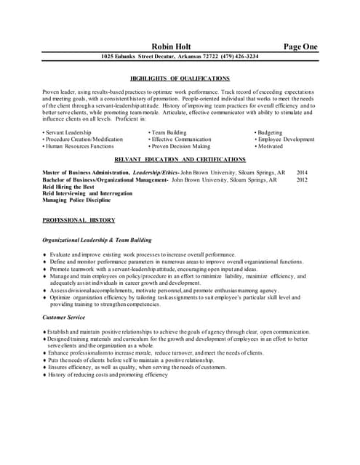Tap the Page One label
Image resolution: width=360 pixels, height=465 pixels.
coord(300,46)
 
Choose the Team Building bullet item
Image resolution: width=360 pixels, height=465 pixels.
coord(169,132)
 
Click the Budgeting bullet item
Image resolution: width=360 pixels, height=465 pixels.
coord(270,132)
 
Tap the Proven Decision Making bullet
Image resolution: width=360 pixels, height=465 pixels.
coord(178,146)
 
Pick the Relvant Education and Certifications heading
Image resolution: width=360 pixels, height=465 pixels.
coord(180,158)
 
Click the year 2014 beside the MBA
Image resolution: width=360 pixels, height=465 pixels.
coord(302,173)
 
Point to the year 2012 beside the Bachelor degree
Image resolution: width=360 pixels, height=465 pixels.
coord(302,179)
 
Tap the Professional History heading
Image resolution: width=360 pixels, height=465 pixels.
coord(78,219)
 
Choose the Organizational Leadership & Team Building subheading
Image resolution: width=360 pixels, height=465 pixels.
coord(97,239)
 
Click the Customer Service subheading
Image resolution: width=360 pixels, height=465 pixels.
coord(65,318)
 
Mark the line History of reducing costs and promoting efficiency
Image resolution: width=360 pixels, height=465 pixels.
coord(108,375)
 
